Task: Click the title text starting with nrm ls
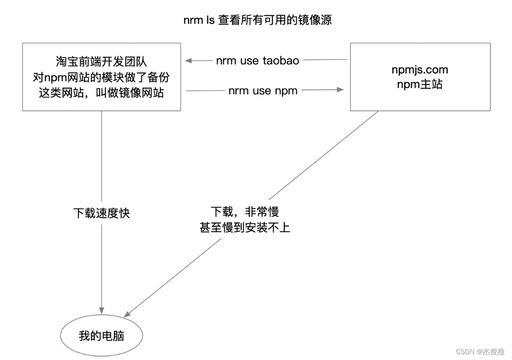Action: coord(257,21)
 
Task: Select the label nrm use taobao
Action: coord(257,61)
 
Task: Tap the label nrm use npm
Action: coord(263,90)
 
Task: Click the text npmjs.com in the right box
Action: coord(420,70)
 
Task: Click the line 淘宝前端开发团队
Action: coord(101,62)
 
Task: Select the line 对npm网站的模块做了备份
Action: coord(101,77)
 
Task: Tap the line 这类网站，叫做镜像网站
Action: coord(101,92)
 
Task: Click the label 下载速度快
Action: coord(102,213)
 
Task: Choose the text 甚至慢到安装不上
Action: coord(244,227)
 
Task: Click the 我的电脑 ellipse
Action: coord(102,336)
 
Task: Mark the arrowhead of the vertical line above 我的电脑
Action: coord(102,309)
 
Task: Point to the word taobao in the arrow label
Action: coord(281,61)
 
